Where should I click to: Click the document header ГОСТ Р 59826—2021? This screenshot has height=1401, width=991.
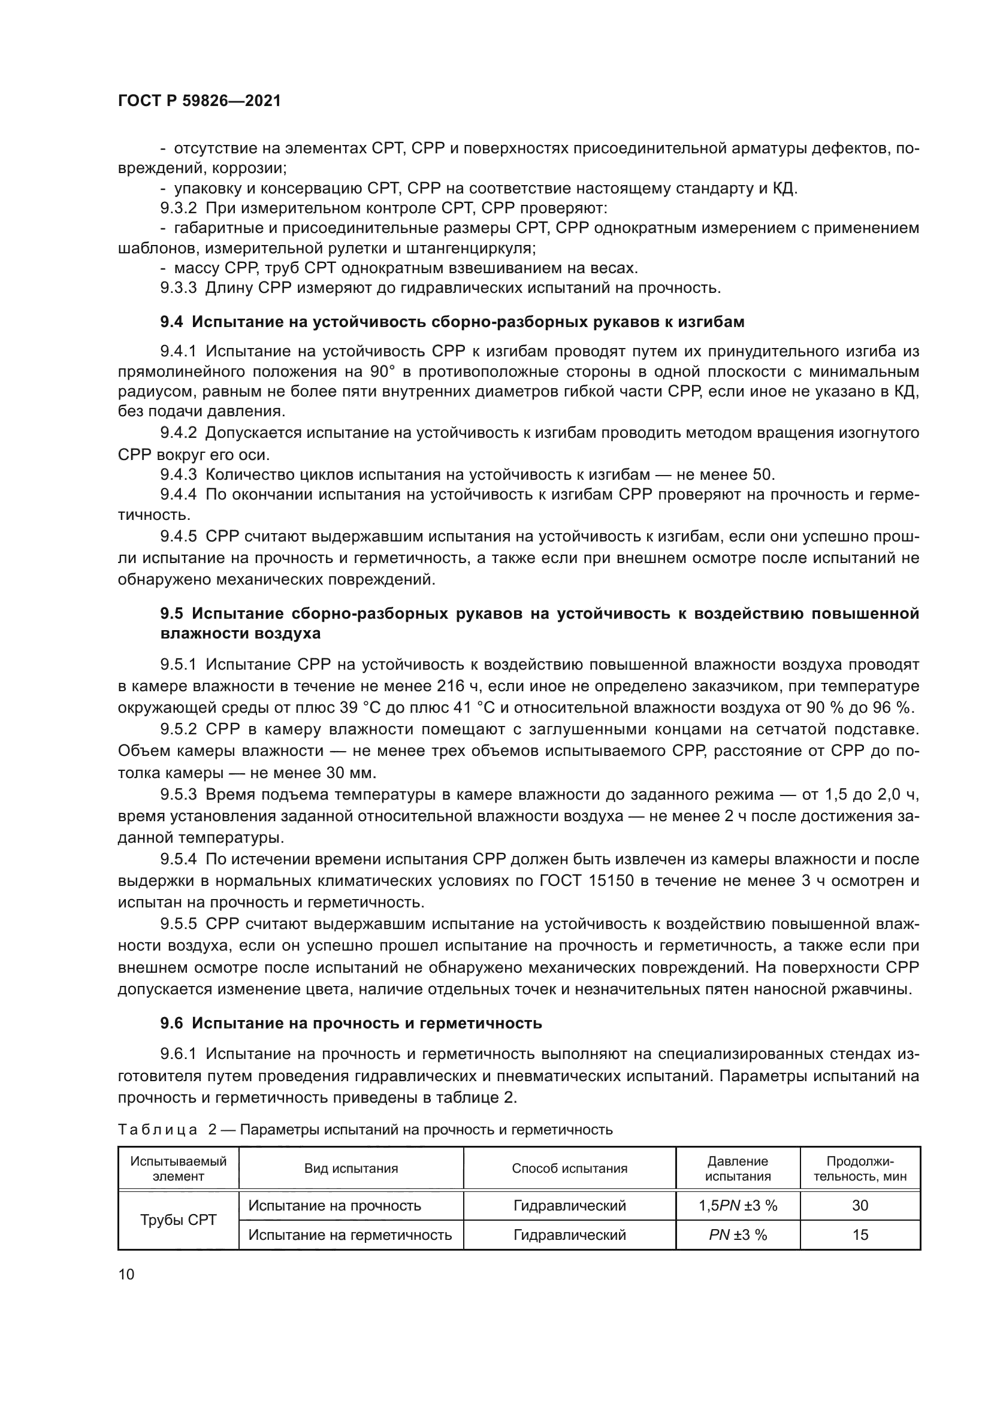(x=200, y=101)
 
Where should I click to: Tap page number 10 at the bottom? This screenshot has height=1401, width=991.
(x=126, y=1275)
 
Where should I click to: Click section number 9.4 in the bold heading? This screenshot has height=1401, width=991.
(x=171, y=322)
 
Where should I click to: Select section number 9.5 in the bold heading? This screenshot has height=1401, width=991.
(x=171, y=613)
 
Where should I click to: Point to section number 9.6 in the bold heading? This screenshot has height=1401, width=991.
(x=171, y=1023)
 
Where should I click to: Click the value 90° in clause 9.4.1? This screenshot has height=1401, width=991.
(x=383, y=371)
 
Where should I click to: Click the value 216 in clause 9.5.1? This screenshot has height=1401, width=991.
(x=452, y=686)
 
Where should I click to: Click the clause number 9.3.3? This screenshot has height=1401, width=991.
(x=178, y=288)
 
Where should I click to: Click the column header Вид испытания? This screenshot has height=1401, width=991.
(x=351, y=1169)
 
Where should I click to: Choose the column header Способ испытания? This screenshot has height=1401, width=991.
(x=569, y=1169)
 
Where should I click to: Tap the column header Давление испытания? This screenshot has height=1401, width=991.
(x=738, y=1169)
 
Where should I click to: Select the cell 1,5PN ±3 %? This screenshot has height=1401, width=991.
(x=738, y=1205)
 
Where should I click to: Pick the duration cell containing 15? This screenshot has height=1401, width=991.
(x=860, y=1234)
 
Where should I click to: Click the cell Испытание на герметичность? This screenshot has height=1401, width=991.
(x=351, y=1234)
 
